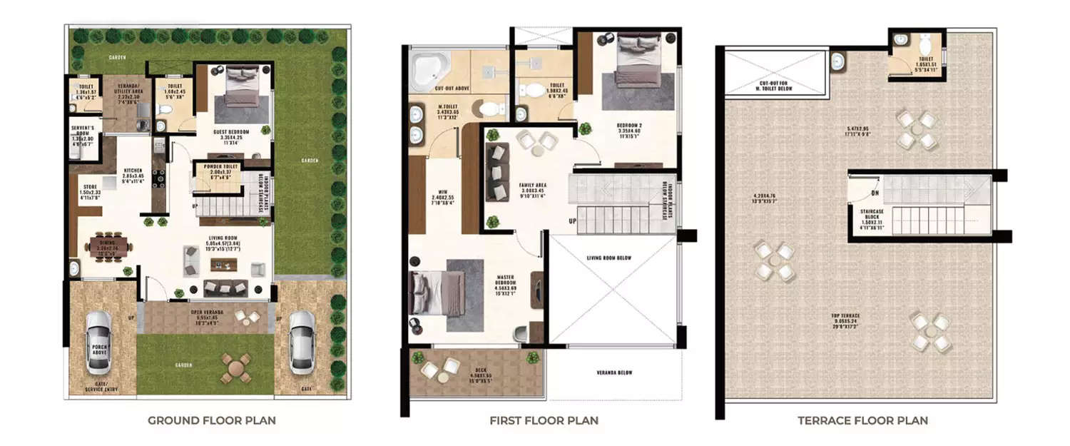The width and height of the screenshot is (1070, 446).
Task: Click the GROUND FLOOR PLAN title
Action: coord(212,420)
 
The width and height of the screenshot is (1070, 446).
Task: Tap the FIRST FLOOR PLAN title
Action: coord(544,420)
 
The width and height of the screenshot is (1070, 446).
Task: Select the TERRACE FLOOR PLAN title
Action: coord(862,420)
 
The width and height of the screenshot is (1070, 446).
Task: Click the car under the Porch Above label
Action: coord(99,343)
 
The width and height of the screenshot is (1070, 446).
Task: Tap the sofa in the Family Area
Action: coord(496,171)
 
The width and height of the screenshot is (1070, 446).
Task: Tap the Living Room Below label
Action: coord(612,258)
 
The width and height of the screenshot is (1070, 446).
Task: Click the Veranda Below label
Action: coord(613,372)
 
